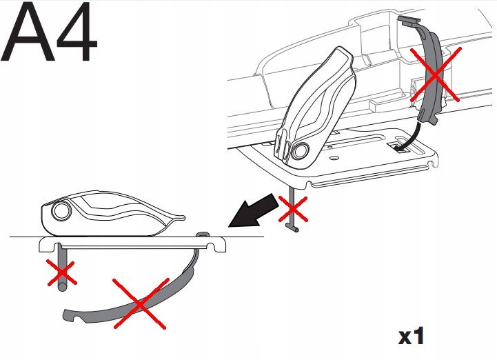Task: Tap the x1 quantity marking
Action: click(411, 337)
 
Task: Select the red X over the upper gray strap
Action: click(436, 74)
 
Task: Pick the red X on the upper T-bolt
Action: click(293, 209)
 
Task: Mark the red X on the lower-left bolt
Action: click(62, 272)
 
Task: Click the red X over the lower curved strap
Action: click(140, 303)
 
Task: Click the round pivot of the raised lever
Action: click(300, 150)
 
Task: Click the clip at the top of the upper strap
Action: click(409, 21)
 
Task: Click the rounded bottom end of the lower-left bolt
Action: click(62, 287)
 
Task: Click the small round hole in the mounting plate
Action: click(334, 158)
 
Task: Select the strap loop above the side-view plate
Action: click(202, 234)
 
